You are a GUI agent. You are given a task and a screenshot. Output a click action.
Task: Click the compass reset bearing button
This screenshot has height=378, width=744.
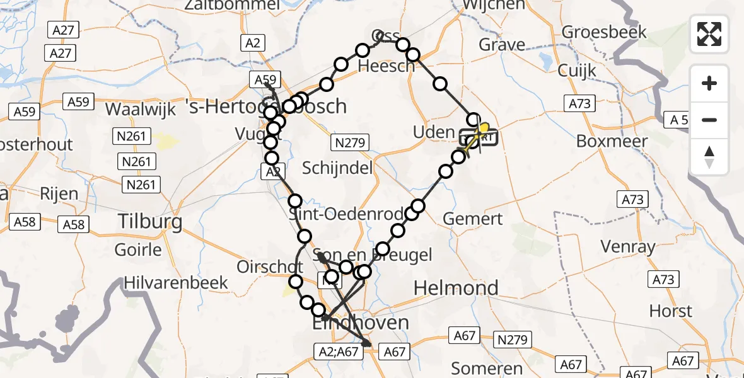709,157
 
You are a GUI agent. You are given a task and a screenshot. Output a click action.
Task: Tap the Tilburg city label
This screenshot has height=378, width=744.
151,222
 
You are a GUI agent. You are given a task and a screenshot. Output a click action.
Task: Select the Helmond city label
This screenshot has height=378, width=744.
455,289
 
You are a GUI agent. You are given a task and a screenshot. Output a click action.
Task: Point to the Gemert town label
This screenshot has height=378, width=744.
473,219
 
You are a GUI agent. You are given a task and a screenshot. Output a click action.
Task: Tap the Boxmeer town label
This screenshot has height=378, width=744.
612,140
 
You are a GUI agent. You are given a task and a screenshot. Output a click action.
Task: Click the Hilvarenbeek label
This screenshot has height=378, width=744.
176,282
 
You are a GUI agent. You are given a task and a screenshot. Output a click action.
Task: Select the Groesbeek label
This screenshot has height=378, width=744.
604,31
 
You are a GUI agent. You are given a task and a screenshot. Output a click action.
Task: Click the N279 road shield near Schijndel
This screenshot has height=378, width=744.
351,143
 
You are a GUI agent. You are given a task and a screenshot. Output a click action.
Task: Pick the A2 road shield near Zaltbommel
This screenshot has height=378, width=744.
253,43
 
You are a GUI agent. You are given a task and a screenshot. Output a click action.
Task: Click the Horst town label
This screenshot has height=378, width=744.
671,311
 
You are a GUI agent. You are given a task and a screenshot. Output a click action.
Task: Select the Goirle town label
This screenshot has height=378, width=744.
138,250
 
